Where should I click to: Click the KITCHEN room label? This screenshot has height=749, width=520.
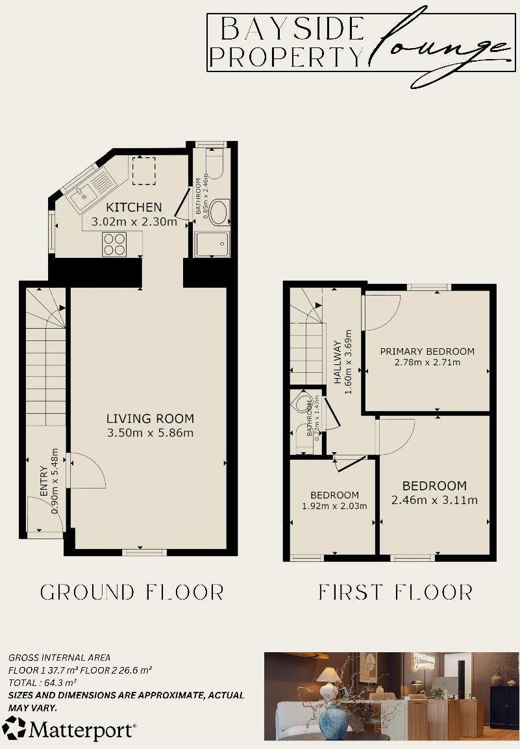(134, 207)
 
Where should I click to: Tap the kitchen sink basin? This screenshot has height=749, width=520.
(83, 194)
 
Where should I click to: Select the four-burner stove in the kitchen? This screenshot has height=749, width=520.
(114, 245)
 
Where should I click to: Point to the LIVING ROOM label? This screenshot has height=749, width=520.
(151, 418)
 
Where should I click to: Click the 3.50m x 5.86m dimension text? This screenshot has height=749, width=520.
(151, 433)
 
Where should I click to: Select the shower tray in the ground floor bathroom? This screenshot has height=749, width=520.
(212, 244)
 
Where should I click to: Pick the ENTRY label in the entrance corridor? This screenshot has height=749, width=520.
(43, 480)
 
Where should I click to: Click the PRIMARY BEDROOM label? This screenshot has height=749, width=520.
(427, 351)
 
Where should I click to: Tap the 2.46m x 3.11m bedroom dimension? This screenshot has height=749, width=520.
(434, 500)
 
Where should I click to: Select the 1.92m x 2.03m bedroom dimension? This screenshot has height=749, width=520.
(334, 506)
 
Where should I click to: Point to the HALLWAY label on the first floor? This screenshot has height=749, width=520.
(337, 362)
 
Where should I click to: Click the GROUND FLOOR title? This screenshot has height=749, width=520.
(132, 592)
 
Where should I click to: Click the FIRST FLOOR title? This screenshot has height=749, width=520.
(395, 592)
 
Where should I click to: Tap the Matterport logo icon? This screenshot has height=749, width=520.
(14, 729)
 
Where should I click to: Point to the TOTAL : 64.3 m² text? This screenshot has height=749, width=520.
(43, 682)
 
